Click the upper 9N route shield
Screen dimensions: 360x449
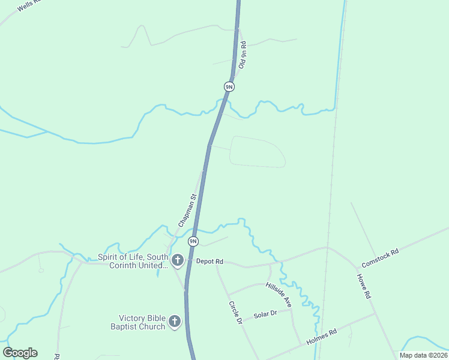point(229,86)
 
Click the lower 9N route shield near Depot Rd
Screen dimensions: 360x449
point(193,241)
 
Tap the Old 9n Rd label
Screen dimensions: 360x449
point(243,55)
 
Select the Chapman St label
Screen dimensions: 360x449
point(187,210)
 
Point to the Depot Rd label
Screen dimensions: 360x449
point(210,262)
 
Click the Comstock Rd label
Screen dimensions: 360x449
point(380,259)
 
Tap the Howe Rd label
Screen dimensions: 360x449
point(364,287)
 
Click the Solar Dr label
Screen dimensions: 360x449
point(265,314)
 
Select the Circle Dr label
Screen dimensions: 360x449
point(235,313)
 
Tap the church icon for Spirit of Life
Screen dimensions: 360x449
point(177,260)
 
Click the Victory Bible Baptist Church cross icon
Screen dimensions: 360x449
point(175,322)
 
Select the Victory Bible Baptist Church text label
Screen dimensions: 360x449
point(142,322)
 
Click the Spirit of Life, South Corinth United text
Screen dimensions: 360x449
point(133,261)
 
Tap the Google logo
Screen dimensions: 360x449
point(20,352)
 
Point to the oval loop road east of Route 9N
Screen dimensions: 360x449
point(257,152)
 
